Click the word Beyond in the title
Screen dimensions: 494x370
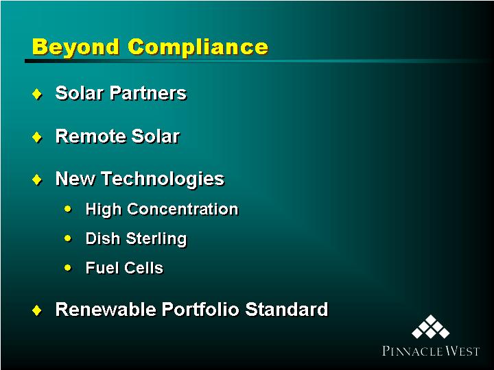[75, 47]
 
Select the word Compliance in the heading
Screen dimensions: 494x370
[198, 47]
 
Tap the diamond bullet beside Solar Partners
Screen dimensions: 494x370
[37, 94]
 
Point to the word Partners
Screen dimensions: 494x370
[148, 93]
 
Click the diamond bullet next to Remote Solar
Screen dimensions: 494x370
[37, 137]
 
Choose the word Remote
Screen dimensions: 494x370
[91, 136]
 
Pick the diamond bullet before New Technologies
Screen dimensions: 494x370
[37, 180]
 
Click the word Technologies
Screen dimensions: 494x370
[163, 180]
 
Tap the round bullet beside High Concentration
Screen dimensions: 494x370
[68, 208]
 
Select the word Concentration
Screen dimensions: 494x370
[183, 209]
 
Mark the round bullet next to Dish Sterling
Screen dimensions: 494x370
[68, 238]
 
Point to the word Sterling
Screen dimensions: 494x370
[156, 239]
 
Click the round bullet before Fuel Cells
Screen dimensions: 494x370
[68, 268]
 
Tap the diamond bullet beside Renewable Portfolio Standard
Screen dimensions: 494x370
[37, 310]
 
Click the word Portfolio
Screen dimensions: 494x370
[200, 309]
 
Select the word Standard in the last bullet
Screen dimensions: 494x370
[286, 309]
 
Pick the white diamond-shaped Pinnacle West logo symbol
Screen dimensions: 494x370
[430, 327]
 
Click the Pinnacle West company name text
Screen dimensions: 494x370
[431, 351]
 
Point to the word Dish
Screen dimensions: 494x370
[103, 238]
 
